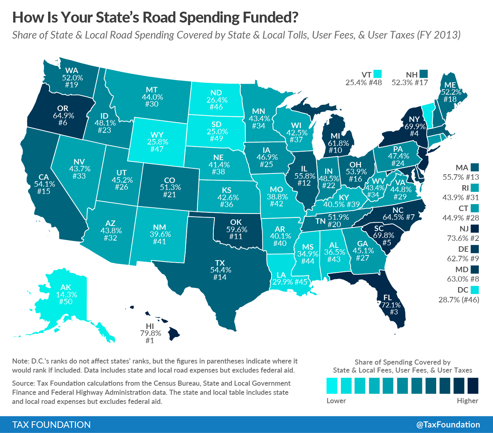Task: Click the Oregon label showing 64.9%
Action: [x=63, y=115]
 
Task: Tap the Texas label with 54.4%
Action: [x=220, y=270]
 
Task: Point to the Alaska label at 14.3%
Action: [x=66, y=295]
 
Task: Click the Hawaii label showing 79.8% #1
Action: [x=150, y=333]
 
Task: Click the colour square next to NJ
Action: [x=474, y=229]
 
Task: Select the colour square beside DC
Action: [x=474, y=290]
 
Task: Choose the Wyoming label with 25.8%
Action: [x=157, y=142]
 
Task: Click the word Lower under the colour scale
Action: [x=336, y=401]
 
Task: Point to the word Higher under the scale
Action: [x=468, y=401]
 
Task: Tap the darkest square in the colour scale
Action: [x=473, y=386]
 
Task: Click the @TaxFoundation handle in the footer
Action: [x=448, y=425]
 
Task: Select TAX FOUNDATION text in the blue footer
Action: [x=51, y=425]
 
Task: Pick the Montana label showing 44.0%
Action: [x=152, y=97]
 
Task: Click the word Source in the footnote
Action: [x=23, y=383]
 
